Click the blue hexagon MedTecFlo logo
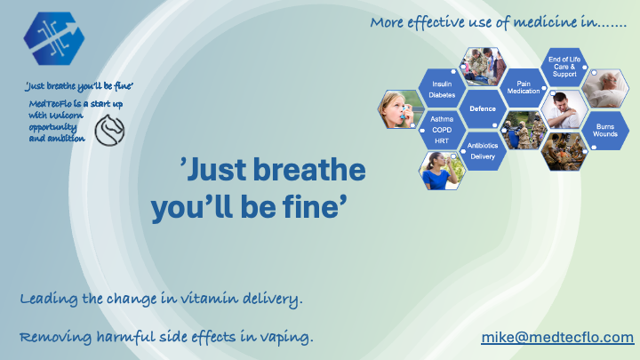tap(54, 38)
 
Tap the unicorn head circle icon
tap(109, 130)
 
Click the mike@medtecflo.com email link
tap(557, 337)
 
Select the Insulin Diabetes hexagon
tap(442, 90)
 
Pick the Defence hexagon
tap(483, 108)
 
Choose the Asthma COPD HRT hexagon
tap(442, 130)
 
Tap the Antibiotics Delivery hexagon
tap(483, 150)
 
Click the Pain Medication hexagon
tap(524, 87)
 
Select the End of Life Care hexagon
tap(564, 67)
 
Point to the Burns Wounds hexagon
tap(605, 130)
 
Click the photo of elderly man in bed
tap(605, 88)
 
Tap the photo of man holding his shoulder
tap(564, 109)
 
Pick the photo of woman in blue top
tap(442, 171)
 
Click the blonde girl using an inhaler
tap(401, 109)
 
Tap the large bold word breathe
tap(309, 170)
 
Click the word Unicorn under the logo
tap(69, 116)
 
